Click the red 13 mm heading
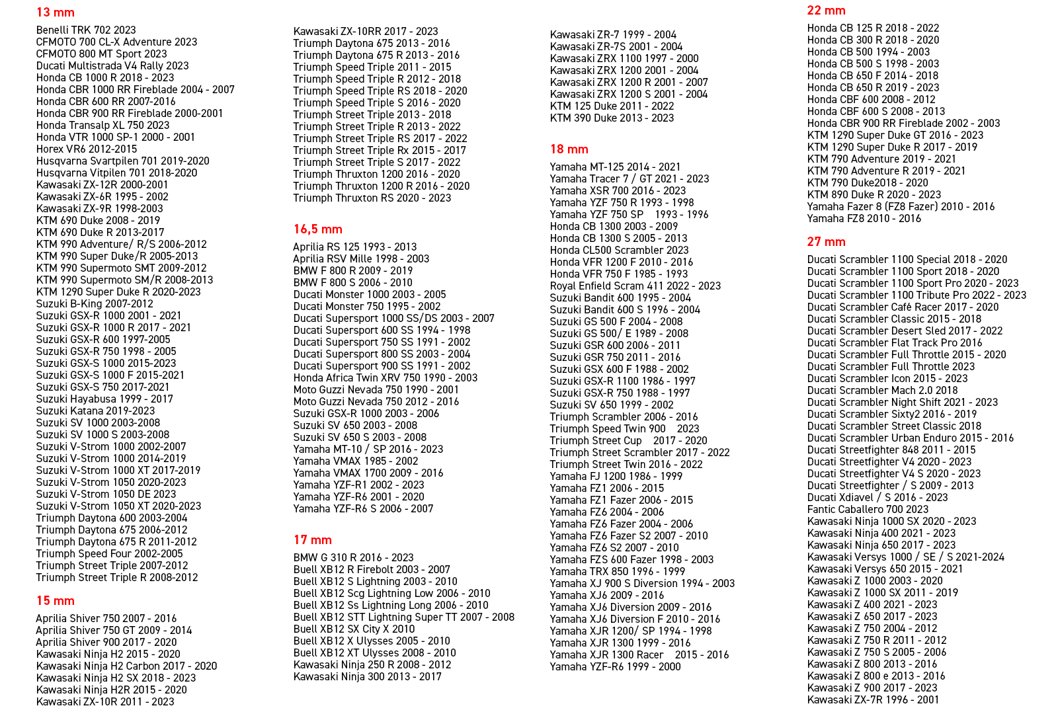coord(56,13)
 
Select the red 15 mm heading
coord(56,601)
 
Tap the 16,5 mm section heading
coord(318,229)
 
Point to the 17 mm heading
coord(313,540)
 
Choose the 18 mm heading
coord(569,149)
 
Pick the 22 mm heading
coord(827,11)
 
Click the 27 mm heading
coord(827,242)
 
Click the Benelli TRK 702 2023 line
coord(86,30)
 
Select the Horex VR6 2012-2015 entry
coord(87,149)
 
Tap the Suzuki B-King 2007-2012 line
coord(95,304)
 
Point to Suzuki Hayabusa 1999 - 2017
coord(104,399)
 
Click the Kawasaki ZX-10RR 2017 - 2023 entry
coord(366,32)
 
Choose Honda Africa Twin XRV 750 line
coord(386,378)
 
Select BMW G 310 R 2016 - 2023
coord(354,558)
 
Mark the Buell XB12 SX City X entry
coord(354,629)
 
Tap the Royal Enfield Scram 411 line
coord(635,286)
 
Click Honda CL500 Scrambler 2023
coord(620,251)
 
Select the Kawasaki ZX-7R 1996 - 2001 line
coord(873,700)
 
